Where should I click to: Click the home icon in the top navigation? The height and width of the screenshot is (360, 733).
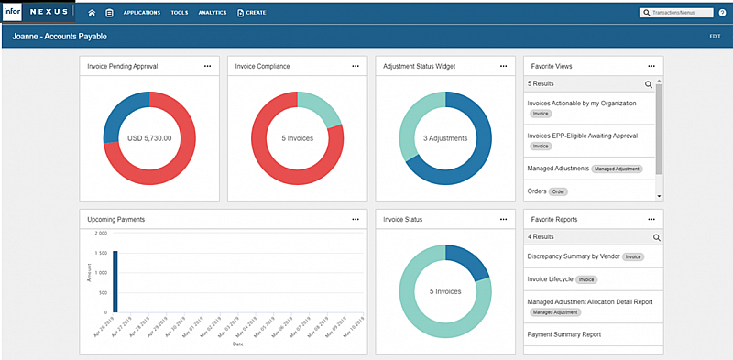92,13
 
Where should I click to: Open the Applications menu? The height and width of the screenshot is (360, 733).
141,13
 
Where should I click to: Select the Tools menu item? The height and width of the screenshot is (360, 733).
180,13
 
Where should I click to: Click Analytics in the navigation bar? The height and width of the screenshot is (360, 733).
212,13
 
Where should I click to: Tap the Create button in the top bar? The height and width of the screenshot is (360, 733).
252,13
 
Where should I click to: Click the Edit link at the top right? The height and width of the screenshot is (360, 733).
715,36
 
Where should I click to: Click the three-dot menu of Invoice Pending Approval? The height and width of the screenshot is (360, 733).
208,66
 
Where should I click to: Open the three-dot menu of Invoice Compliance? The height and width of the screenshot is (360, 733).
356,66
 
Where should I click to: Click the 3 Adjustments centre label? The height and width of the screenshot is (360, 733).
444,138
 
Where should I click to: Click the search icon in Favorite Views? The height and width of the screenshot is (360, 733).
649,83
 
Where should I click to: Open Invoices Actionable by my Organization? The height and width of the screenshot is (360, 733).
581,104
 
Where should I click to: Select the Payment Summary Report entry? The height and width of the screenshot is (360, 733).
564,334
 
